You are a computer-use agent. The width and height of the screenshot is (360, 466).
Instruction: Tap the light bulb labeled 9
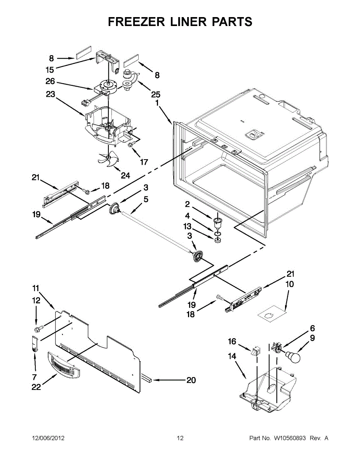point(294,356)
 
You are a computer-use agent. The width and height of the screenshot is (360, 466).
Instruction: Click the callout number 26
point(50,82)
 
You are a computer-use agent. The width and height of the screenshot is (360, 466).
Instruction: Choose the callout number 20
point(191,380)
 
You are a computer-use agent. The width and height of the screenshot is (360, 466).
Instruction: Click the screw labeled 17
point(130,145)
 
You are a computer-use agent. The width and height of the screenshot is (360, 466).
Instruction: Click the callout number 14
point(232,356)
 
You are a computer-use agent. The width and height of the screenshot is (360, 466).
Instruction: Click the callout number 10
point(290,284)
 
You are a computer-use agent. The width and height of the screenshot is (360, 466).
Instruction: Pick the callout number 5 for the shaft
point(146,200)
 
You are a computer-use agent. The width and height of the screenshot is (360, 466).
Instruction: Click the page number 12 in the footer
point(180,438)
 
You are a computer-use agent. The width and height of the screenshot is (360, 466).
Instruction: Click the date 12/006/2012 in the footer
point(48,438)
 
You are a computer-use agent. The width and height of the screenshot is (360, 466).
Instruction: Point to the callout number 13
point(188,226)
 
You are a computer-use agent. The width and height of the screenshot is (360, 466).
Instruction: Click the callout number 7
point(34,377)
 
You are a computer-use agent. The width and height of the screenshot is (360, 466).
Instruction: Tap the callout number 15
point(50,70)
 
